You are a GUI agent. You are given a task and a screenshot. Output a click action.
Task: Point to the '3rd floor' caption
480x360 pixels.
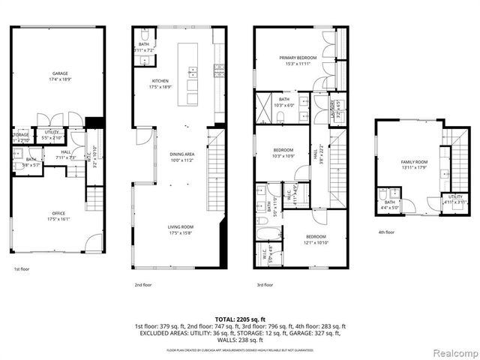(x=264, y=284)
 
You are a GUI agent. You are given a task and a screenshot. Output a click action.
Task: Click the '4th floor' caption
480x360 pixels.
(x=386, y=232)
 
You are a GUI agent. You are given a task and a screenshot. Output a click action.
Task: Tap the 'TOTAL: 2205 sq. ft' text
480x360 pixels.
(x=240, y=319)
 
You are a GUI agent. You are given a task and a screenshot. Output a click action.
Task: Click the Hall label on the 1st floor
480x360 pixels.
(x=66, y=154)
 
